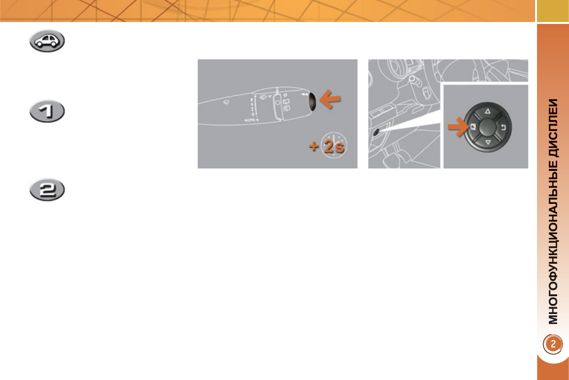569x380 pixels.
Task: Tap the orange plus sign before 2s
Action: (x=314, y=147)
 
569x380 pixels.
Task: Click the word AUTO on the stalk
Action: (x=250, y=120)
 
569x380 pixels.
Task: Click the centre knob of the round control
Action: (x=487, y=127)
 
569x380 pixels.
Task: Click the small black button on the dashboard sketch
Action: (x=377, y=132)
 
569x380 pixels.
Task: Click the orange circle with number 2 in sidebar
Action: (x=552, y=344)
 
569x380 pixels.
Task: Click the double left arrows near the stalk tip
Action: (x=304, y=95)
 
